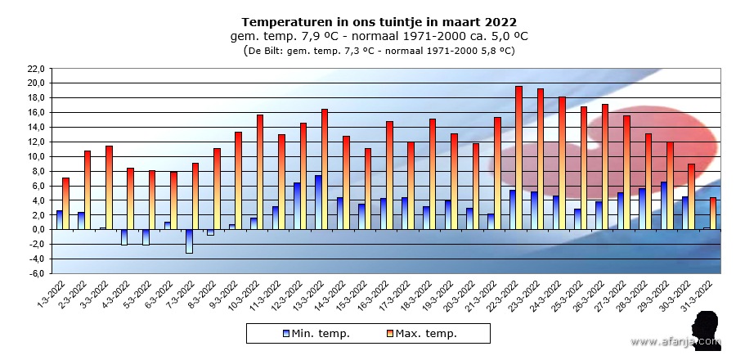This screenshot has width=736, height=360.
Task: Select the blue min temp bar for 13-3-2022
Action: click(318, 202)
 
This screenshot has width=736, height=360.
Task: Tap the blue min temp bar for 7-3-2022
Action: click(189, 241)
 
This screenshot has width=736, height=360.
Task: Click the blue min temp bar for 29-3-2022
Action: click(664, 205)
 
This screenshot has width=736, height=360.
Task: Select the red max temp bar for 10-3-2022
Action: click(260, 172)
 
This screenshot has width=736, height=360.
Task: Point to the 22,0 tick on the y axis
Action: click(34, 69)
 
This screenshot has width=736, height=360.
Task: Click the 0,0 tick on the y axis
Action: click(36, 230)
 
